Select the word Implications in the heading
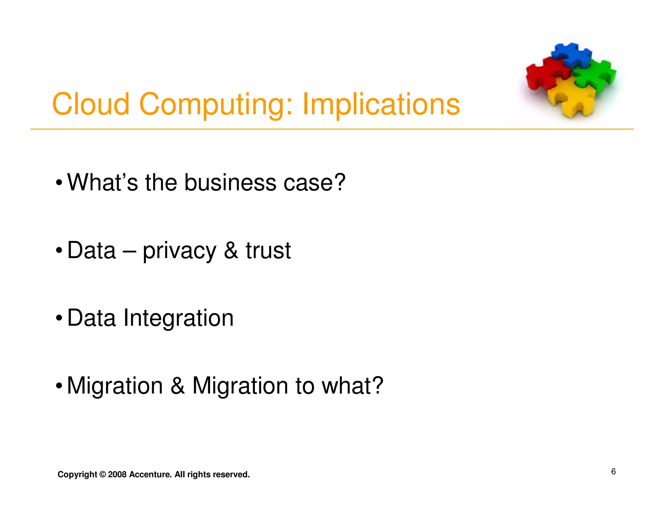coord(381,104)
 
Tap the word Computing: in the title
coord(216,104)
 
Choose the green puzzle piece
coord(597,75)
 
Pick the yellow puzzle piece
coord(571,97)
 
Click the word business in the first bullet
coord(230,182)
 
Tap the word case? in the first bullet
coord(314,182)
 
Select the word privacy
coord(179,251)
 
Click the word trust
coord(268,250)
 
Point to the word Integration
coord(178,318)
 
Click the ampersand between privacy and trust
coord(231,250)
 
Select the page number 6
coord(613,471)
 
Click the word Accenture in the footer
coord(150,474)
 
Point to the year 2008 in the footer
coord(117,474)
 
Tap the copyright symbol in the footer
coord(102,474)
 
